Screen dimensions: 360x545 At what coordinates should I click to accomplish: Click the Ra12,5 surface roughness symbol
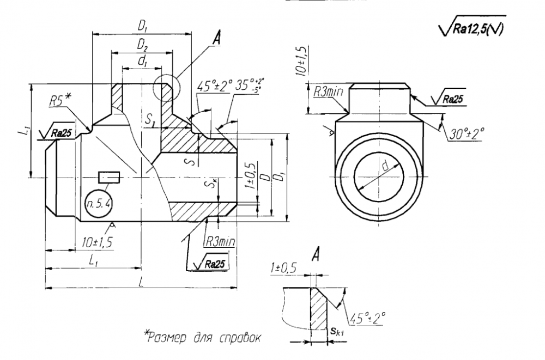point(471,30)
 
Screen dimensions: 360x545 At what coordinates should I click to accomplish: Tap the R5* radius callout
point(60,101)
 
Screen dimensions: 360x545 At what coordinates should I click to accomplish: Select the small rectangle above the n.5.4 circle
point(109,178)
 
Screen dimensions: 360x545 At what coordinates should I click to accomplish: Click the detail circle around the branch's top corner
point(165,88)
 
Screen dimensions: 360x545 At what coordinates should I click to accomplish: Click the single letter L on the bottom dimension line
point(142,281)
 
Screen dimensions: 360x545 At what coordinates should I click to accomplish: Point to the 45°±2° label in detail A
point(369,316)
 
